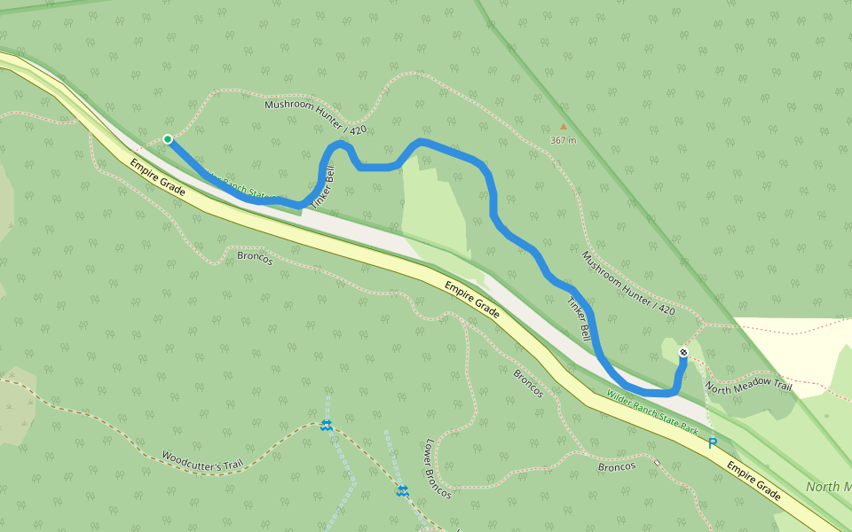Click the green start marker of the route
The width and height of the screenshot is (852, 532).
[167, 138]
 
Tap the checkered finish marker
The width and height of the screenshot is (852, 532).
[683, 353]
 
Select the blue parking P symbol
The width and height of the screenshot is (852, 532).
[712, 442]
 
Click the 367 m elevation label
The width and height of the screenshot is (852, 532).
[563, 140]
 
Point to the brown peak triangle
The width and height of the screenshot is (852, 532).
[562, 126]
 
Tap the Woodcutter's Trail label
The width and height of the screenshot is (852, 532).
[201, 462]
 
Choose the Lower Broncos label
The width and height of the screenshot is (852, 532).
[438, 468]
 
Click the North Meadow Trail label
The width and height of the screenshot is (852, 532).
[747, 387]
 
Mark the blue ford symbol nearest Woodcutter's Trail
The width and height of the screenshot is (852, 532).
[326, 426]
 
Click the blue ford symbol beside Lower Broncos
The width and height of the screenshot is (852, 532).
[402, 490]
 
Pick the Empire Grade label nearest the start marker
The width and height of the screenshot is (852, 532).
[157, 177]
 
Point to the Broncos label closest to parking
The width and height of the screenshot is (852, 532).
[617, 465]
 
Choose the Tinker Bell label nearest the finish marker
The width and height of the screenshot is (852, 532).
[578, 320]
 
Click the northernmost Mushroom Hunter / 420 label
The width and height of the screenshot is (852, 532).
[315, 117]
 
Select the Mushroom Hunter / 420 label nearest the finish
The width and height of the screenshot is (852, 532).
[628, 283]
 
